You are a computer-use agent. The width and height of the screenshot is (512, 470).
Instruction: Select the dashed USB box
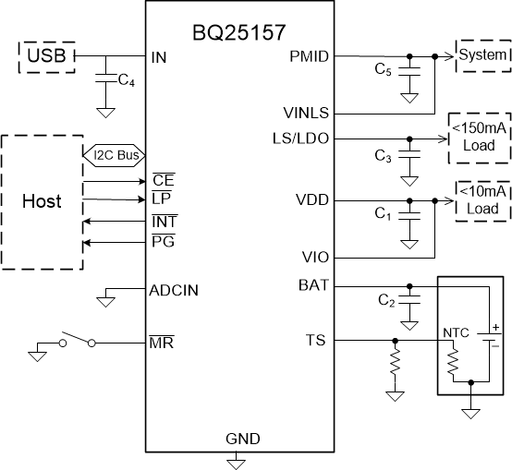pyautogui.click(x=45, y=57)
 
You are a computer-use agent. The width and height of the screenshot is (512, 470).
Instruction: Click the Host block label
pyautogui.click(x=41, y=201)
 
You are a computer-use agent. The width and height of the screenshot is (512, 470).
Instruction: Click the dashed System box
pyautogui.click(x=482, y=55)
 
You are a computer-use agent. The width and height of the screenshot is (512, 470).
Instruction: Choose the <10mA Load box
pyautogui.click(x=482, y=199)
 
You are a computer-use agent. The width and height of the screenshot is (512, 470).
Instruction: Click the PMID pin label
pyautogui.click(x=310, y=56)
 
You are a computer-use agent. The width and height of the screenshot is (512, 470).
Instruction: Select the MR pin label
pyautogui.click(x=159, y=343)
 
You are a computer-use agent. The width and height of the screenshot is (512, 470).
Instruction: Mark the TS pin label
pyautogui.click(x=317, y=341)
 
